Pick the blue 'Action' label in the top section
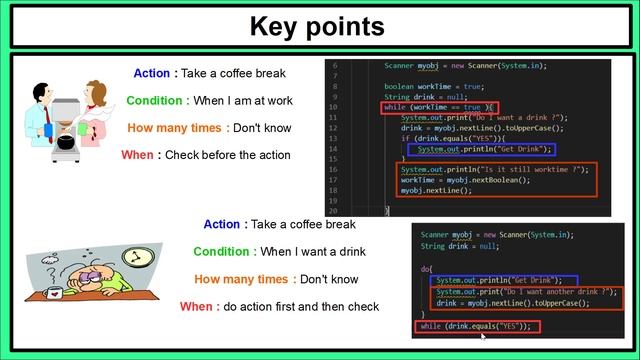153,73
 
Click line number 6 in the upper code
336,66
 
